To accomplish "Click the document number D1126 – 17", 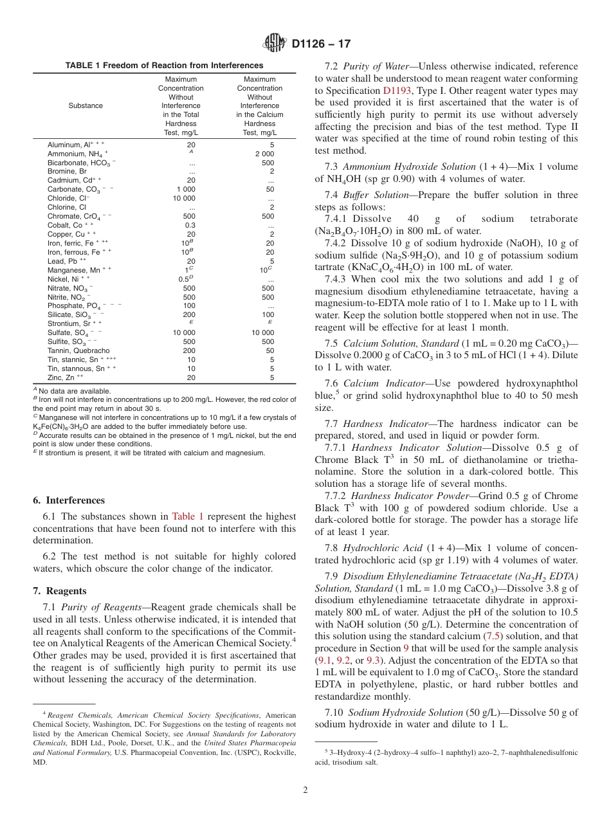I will tap(321, 44).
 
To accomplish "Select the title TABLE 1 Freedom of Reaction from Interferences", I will tap(164, 66).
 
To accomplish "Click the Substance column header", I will tap(86, 105).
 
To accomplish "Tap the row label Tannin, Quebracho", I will tap(78, 350).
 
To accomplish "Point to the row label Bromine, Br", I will tap(67, 172).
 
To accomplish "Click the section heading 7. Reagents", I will tap(59, 590).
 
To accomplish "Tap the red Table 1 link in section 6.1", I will tap(188, 516).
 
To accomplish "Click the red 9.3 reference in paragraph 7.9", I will tap(373, 660).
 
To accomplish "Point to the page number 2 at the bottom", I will tap(305, 790).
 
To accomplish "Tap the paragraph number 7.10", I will tap(336, 712).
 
